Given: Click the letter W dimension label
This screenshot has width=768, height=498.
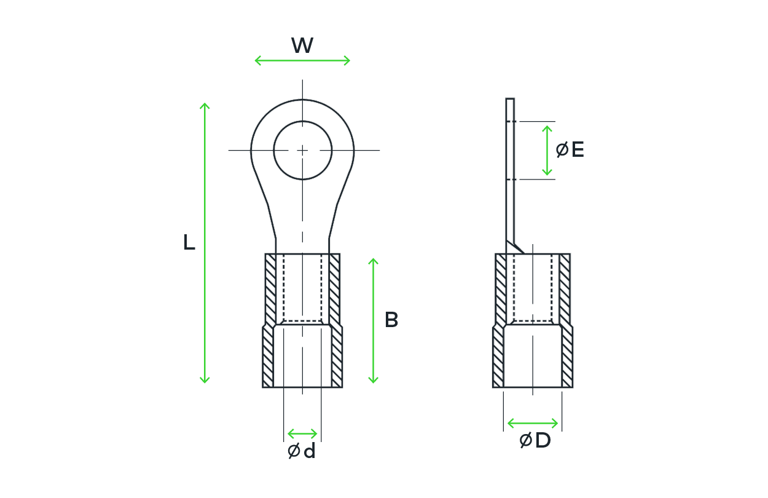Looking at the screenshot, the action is click(x=302, y=45).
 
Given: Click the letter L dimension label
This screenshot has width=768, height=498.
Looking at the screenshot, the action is click(x=189, y=242).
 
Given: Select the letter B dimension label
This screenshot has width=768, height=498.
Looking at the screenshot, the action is click(x=391, y=320).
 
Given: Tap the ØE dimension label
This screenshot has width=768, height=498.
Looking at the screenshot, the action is click(x=570, y=149).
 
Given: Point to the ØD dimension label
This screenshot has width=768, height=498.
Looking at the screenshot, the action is click(x=535, y=440).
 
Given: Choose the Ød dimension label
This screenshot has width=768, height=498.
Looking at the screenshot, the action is click(x=302, y=451).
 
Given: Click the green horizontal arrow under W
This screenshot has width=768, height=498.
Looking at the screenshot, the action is click(x=302, y=61).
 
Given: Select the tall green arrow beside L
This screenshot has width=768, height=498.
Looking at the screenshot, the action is click(x=205, y=243).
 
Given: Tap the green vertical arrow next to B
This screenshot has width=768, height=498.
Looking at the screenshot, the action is click(x=373, y=321).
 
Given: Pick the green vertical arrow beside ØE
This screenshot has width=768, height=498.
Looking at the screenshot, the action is click(x=547, y=151).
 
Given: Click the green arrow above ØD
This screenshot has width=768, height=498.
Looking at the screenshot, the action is click(x=533, y=423).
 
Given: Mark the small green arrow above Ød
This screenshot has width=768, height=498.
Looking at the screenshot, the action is click(x=302, y=434).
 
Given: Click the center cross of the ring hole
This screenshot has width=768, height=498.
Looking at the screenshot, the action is click(x=302, y=150).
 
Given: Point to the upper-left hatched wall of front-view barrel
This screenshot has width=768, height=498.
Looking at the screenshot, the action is click(x=270, y=290).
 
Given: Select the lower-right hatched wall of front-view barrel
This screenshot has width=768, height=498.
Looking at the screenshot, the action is click(x=337, y=357).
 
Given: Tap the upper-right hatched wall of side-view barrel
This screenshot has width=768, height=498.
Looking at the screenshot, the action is click(x=565, y=290).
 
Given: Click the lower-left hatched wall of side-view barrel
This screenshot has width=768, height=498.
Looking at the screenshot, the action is click(x=498, y=357).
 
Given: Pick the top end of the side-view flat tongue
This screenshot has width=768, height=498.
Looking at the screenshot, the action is click(x=510, y=99).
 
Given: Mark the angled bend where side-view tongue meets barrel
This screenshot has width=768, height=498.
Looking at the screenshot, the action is click(x=515, y=247).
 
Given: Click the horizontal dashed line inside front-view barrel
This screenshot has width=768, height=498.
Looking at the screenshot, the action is click(x=302, y=322).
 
